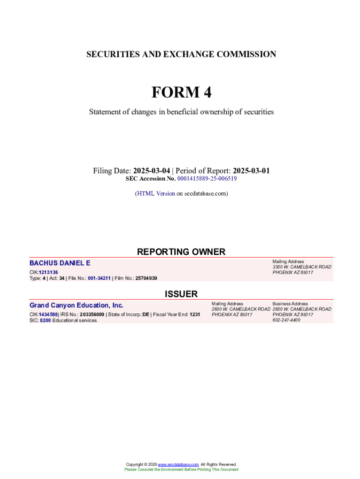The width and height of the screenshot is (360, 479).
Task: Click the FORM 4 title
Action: (x=181, y=93)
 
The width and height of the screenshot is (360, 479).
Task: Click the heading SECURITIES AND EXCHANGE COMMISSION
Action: (x=181, y=54)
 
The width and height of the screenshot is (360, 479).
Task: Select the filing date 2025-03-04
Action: (x=151, y=171)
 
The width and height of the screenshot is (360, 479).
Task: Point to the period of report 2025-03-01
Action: (x=251, y=171)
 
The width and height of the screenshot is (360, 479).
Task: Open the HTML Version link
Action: (x=156, y=193)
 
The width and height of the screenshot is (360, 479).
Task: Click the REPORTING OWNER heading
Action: (x=181, y=252)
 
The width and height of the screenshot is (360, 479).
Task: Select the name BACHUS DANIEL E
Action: (x=60, y=263)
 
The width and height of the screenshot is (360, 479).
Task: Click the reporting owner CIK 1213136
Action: (x=49, y=272)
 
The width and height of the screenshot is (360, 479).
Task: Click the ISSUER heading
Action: (x=181, y=294)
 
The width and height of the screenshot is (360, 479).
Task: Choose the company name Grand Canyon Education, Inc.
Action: (x=77, y=305)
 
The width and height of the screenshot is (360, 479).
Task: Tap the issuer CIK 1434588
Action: (x=48, y=315)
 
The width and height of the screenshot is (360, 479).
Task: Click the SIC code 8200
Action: (x=45, y=320)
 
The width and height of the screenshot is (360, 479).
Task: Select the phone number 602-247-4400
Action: (x=286, y=320)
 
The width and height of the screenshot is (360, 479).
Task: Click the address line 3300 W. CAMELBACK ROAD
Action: (x=302, y=267)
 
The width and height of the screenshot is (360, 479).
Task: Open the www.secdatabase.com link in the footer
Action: (x=178, y=464)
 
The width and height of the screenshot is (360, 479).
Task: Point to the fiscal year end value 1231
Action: (x=194, y=315)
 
